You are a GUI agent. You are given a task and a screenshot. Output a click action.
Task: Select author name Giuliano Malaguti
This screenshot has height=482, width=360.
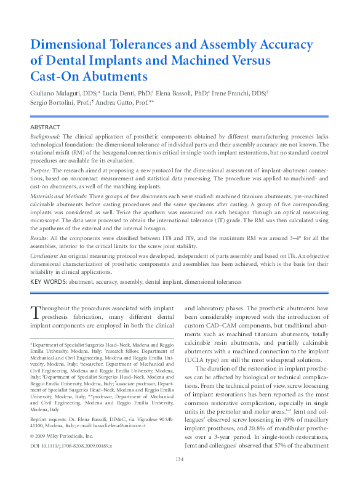coord(57,93)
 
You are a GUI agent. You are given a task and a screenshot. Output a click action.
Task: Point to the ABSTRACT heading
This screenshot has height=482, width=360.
coord(45,127)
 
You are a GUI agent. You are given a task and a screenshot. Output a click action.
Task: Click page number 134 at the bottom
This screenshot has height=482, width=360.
coord(180,459)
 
